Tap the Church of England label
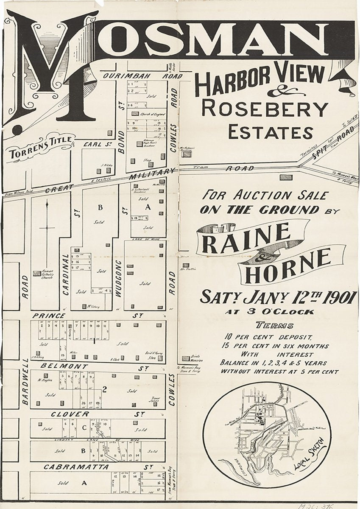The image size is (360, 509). (151, 113)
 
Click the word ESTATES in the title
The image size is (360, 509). (271, 132)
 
